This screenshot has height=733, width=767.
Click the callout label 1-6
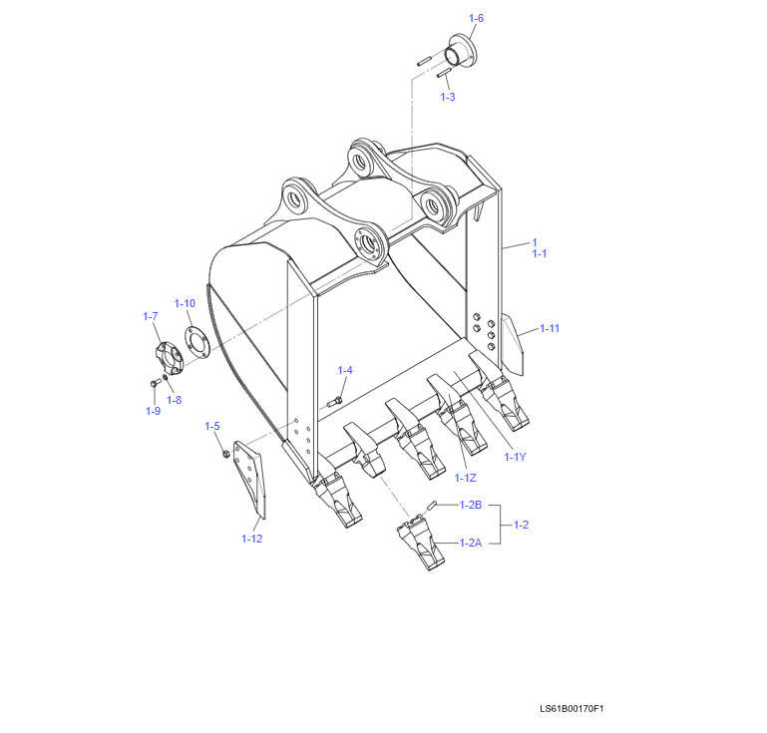click(x=476, y=18)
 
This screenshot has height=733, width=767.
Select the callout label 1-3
click(x=448, y=97)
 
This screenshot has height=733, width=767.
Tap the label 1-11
click(x=550, y=328)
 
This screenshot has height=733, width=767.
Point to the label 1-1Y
click(x=515, y=457)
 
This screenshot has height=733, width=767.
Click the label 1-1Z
click(x=465, y=478)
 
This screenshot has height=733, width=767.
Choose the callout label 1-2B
click(x=471, y=505)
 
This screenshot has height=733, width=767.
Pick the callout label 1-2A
click(x=471, y=543)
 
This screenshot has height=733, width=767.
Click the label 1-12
click(x=252, y=539)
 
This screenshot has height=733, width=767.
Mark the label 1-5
click(x=212, y=426)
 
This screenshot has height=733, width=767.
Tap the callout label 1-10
click(x=185, y=303)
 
